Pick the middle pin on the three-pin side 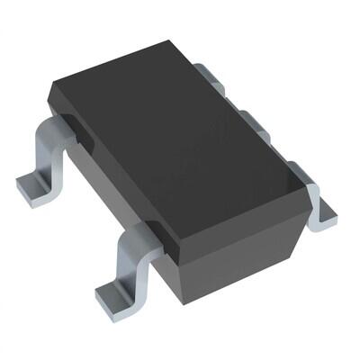(x=256, y=123)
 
